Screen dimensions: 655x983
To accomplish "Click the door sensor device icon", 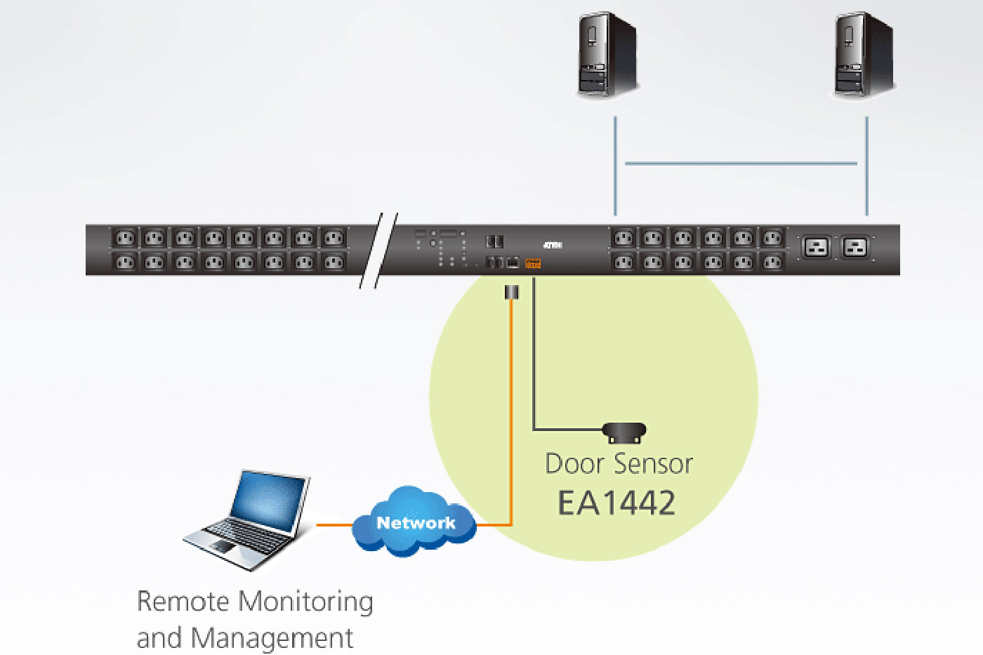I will click(x=624, y=432).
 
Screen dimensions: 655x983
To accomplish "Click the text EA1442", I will click(x=616, y=503).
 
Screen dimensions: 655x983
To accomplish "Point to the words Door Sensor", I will click(x=619, y=464).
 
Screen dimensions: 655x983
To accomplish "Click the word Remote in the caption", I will click(x=183, y=602).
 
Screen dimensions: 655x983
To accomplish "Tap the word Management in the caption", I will click(x=272, y=638).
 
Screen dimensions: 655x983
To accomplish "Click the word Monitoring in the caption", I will click(x=305, y=602).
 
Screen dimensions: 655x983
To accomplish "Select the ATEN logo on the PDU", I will click(x=553, y=245).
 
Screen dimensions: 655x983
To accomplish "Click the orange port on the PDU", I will click(x=533, y=263).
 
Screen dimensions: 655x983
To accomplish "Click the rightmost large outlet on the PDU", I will click(x=855, y=247).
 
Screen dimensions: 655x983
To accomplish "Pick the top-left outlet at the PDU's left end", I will click(x=124, y=238).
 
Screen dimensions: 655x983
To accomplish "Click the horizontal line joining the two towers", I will click(x=741, y=164).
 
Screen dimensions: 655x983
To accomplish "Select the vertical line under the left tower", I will click(x=615, y=166).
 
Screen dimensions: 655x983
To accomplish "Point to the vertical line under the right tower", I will click(x=866, y=166).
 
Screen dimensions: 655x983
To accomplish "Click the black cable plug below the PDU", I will click(x=512, y=292).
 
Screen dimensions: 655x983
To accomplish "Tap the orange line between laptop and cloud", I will click(x=334, y=524).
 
